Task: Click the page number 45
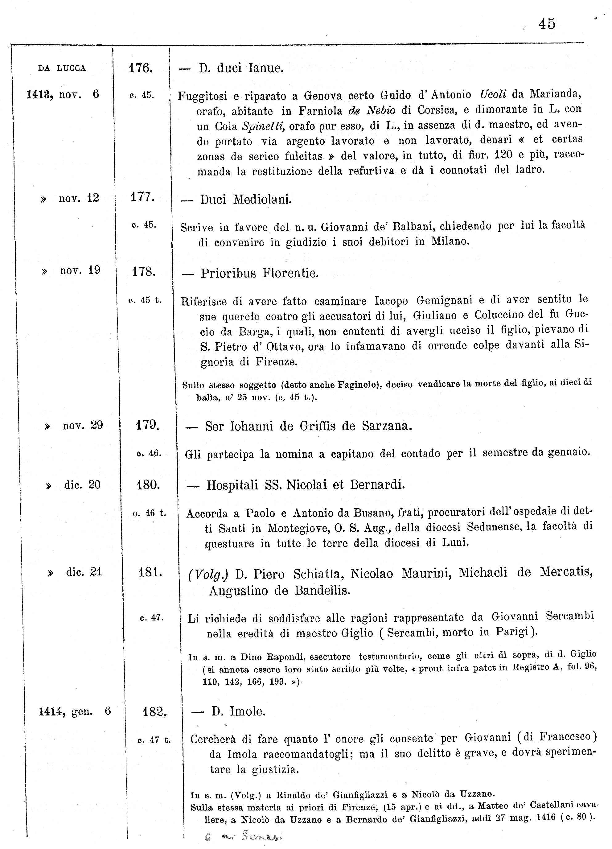click(x=547, y=24)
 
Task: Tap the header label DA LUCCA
click(x=62, y=68)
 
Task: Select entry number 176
click(x=140, y=68)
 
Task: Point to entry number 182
click(x=154, y=711)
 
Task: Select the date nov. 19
click(x=80, y=270)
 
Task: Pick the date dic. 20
click(x=82, y=485)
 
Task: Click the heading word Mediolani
click(x=262, y=199)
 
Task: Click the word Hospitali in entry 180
click(x=232, y=485)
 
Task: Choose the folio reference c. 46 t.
click(x=149, y=513)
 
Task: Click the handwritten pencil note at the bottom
click(x=245, y=835)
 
